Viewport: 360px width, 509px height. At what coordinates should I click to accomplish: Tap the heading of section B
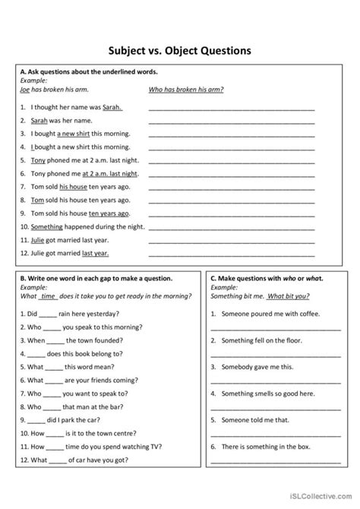click(x=94, y=278)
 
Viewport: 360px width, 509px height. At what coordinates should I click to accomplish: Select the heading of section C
click(x=267, y=278)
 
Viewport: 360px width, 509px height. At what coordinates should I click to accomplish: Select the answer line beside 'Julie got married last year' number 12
click(x=232, y=253)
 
